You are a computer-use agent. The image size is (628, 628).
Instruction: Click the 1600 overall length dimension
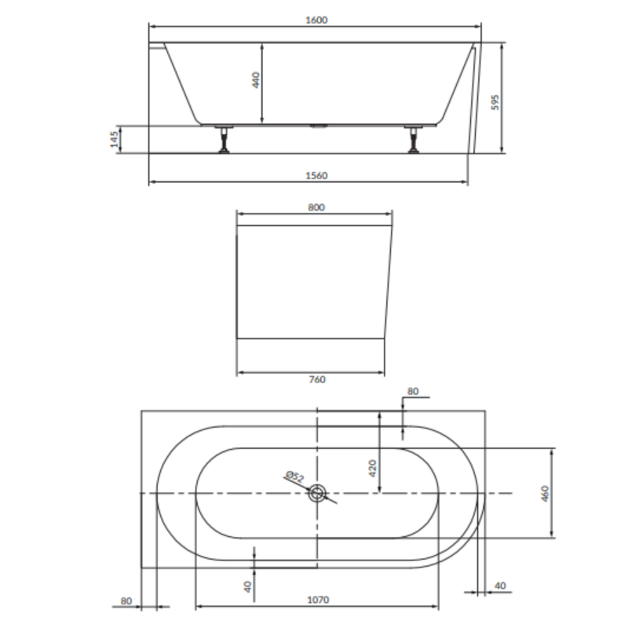click(x=316, y=20)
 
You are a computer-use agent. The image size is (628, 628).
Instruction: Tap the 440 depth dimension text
click(x=257, y=80)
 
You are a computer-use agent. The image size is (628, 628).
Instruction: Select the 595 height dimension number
click(x=495, y=103)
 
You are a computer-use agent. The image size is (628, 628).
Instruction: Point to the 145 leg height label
click(x=115, y=139)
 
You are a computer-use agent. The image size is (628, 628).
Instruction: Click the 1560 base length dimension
click(x=316, y=175)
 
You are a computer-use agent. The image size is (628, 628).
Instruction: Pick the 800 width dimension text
click(x=316, y=207)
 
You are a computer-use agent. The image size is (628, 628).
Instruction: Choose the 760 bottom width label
click(x=317, y=379)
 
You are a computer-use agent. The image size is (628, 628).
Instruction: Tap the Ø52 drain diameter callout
click(x=295, y=476)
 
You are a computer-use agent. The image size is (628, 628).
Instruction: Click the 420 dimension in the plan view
click(x=372, y=468)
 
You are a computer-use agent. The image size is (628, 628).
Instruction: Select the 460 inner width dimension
click(x=545, y=494)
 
